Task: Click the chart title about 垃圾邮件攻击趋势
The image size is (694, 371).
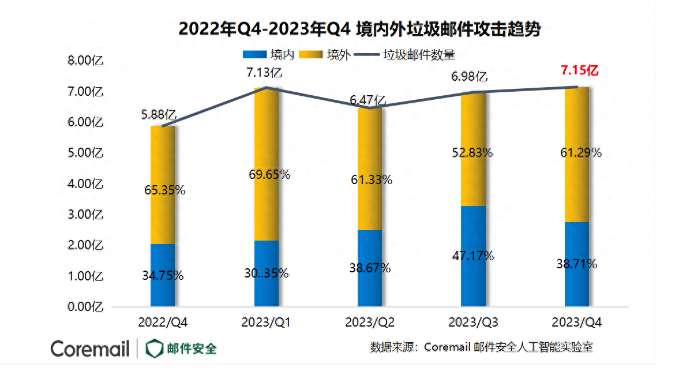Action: (x=359, y=29)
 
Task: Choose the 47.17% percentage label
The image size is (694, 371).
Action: (x=473, y=256)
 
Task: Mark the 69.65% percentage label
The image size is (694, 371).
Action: (x=267, y=174)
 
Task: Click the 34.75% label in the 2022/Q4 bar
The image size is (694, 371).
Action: (x=163, y=276)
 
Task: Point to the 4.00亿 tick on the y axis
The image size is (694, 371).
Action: (x=85, y=184)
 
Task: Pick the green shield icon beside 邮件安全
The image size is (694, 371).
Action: (x=154, y=348)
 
